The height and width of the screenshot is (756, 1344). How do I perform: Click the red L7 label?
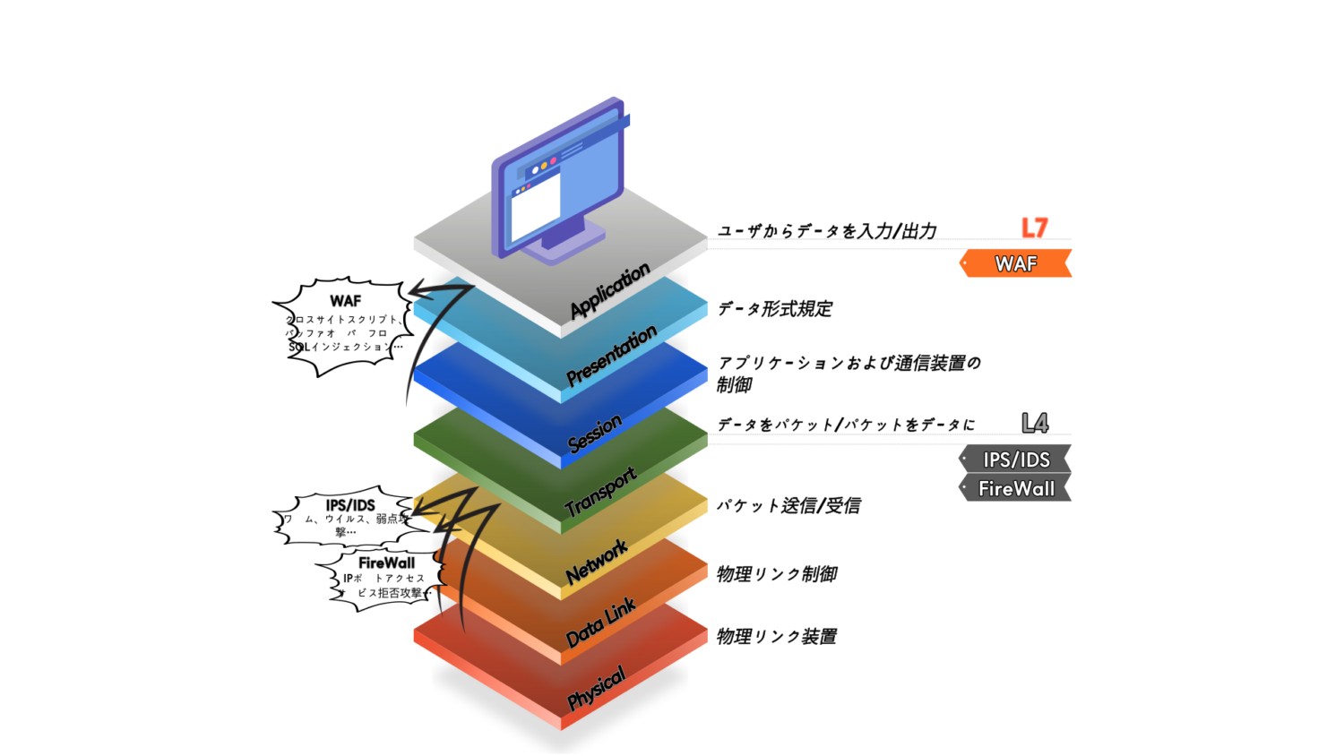[1034, 228]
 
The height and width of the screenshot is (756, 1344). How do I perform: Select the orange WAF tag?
[1016, 264]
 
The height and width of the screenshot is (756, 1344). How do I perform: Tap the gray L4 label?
[1035, 423]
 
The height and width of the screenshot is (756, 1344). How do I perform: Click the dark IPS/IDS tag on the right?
[1016, 460]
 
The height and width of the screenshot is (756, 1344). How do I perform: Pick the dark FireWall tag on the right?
[1016, 489]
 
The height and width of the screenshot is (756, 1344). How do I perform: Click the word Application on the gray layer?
[609, 290]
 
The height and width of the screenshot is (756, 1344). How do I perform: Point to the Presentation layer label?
[611, 356]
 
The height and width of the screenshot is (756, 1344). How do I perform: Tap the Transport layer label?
[600, 491]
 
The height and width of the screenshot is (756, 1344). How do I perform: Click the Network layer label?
[596, 563]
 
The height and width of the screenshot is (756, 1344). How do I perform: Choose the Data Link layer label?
[599, 622]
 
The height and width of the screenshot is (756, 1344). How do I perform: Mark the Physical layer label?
[596, 688]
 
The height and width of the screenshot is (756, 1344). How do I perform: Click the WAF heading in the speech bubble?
[345, 301]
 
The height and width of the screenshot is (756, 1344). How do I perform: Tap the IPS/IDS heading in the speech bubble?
[350, 505]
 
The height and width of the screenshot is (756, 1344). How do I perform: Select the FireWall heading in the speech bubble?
[386, 563]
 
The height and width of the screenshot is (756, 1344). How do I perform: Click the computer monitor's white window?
[535, 207]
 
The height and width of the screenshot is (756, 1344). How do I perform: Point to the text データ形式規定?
[774, 309]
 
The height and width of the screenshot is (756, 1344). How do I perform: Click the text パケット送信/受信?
[788, 506]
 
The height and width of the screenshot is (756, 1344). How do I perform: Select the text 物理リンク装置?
[776, 637]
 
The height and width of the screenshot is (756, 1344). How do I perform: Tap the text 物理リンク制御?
[776, 574]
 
